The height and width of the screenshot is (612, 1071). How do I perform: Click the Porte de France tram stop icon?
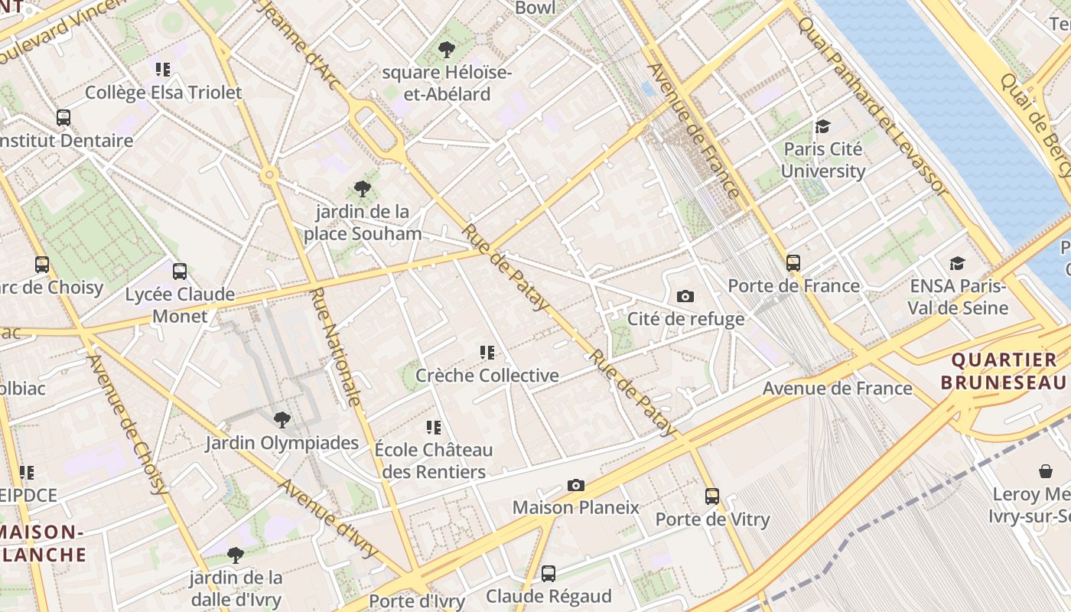[793, 262]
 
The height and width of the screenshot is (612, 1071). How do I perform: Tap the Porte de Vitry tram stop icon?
[712, 496]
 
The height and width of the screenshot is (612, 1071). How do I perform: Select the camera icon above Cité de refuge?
[685, 296]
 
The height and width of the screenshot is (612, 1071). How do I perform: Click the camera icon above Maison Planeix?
[576, 485]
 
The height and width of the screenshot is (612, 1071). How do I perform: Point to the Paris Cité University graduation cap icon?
[823, 126]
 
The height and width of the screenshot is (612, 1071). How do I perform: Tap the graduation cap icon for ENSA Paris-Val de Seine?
[957, 264]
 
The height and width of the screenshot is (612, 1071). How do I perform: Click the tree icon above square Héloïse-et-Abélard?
[446, 50]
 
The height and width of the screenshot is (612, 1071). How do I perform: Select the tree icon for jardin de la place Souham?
[363, 188]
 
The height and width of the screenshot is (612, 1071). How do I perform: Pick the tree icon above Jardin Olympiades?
[282, 419]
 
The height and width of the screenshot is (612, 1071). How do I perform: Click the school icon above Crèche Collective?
[487, 353]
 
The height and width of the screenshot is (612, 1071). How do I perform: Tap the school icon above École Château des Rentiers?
[434, 427]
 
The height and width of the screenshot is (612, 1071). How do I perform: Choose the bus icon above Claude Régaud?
[549, 574]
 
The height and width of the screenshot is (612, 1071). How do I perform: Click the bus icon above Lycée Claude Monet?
[180, 272]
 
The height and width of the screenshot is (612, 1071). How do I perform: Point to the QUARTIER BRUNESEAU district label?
[1003, 371]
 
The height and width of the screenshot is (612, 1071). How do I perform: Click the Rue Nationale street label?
[336, 347]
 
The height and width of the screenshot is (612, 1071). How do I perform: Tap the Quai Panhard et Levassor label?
[872, 103]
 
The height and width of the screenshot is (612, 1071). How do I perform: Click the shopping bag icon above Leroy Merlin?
[1045, 471]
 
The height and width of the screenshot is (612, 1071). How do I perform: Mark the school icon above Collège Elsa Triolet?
[162, 70]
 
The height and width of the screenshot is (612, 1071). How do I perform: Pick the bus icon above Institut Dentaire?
[63, 118]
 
